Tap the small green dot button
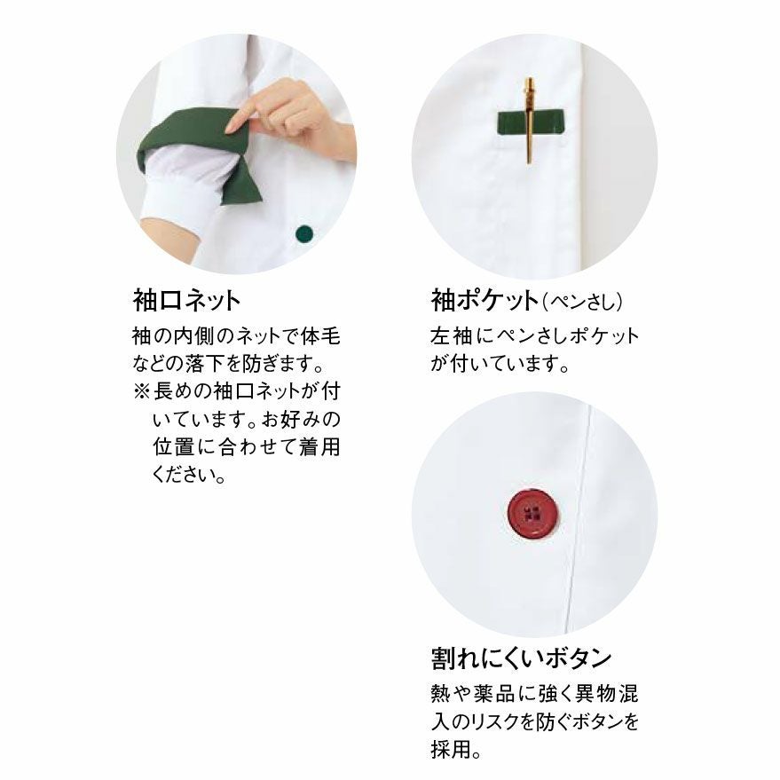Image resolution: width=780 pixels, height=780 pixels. [x=304, y=232]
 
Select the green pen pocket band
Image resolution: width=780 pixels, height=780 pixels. [x=531, y=122]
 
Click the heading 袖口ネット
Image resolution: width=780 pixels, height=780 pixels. [x=187, y=301]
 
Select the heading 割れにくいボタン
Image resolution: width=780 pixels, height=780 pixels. [x=521, y=658]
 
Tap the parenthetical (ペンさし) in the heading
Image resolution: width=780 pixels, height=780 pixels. [x=582, y=302]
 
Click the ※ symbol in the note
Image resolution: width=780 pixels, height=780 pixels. [x=142, y=391]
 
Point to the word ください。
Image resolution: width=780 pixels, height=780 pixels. [x=190, y=474]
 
